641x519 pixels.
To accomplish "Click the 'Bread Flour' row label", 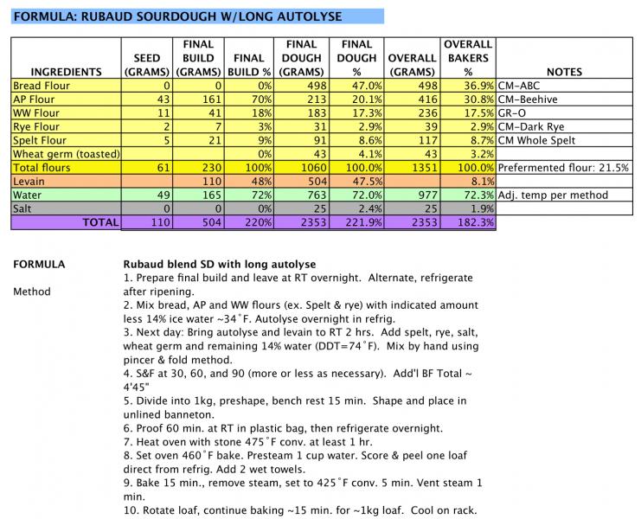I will tap(42, 86).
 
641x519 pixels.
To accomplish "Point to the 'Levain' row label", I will tap(32, 182).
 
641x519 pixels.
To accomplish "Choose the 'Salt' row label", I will tap(26, 208).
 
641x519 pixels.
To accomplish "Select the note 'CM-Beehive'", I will tap(529, 99).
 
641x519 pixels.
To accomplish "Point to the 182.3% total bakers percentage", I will tap(474, 223).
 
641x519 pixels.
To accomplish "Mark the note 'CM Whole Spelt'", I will tap(538, 141).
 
